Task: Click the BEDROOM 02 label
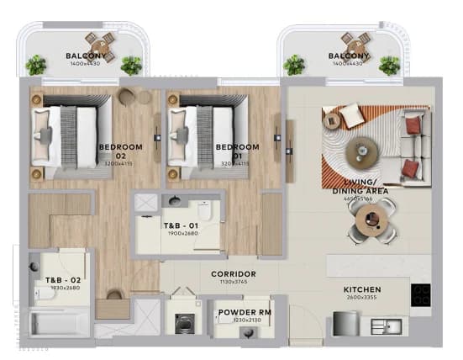[x=120, y=151]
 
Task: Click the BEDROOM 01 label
[x=239, y=151]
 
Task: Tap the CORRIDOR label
[x=234, y=274]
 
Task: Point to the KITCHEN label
[x=363, y=290]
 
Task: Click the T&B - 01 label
[x=180, y=226]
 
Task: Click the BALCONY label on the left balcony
[x=86, y=58]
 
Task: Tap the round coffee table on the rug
[x=362, y=150]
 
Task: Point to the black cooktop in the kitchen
[x=419, y=294]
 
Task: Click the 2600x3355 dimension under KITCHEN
[x=363, y=299]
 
